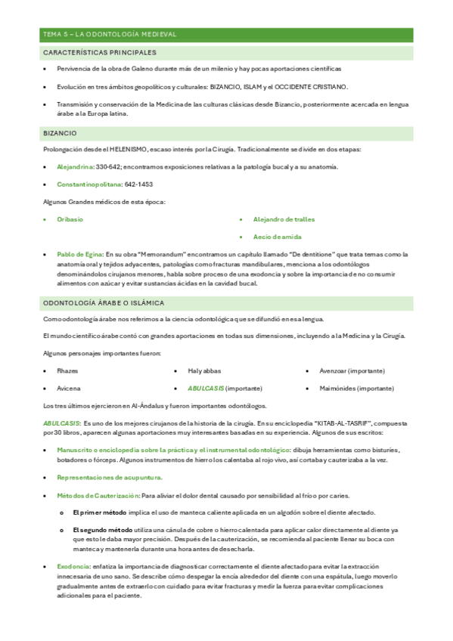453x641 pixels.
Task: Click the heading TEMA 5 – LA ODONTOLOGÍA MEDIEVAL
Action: click(110, 35)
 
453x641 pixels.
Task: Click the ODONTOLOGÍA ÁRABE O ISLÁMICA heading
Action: click(104, 303)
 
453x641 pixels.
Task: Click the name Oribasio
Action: click(70, 219)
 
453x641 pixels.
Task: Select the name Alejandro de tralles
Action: click(284, 219)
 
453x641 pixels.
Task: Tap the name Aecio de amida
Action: click(278, 237)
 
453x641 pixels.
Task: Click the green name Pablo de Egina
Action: click(79, 255)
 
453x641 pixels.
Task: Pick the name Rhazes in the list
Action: click(67, 371)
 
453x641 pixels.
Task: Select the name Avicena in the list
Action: click(68, 389)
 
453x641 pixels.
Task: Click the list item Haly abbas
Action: click(204, 371)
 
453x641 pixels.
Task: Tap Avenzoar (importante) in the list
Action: click(352, 371)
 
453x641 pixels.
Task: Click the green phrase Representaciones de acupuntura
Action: click(109, 478)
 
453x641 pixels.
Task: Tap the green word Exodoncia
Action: click(73, 566)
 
